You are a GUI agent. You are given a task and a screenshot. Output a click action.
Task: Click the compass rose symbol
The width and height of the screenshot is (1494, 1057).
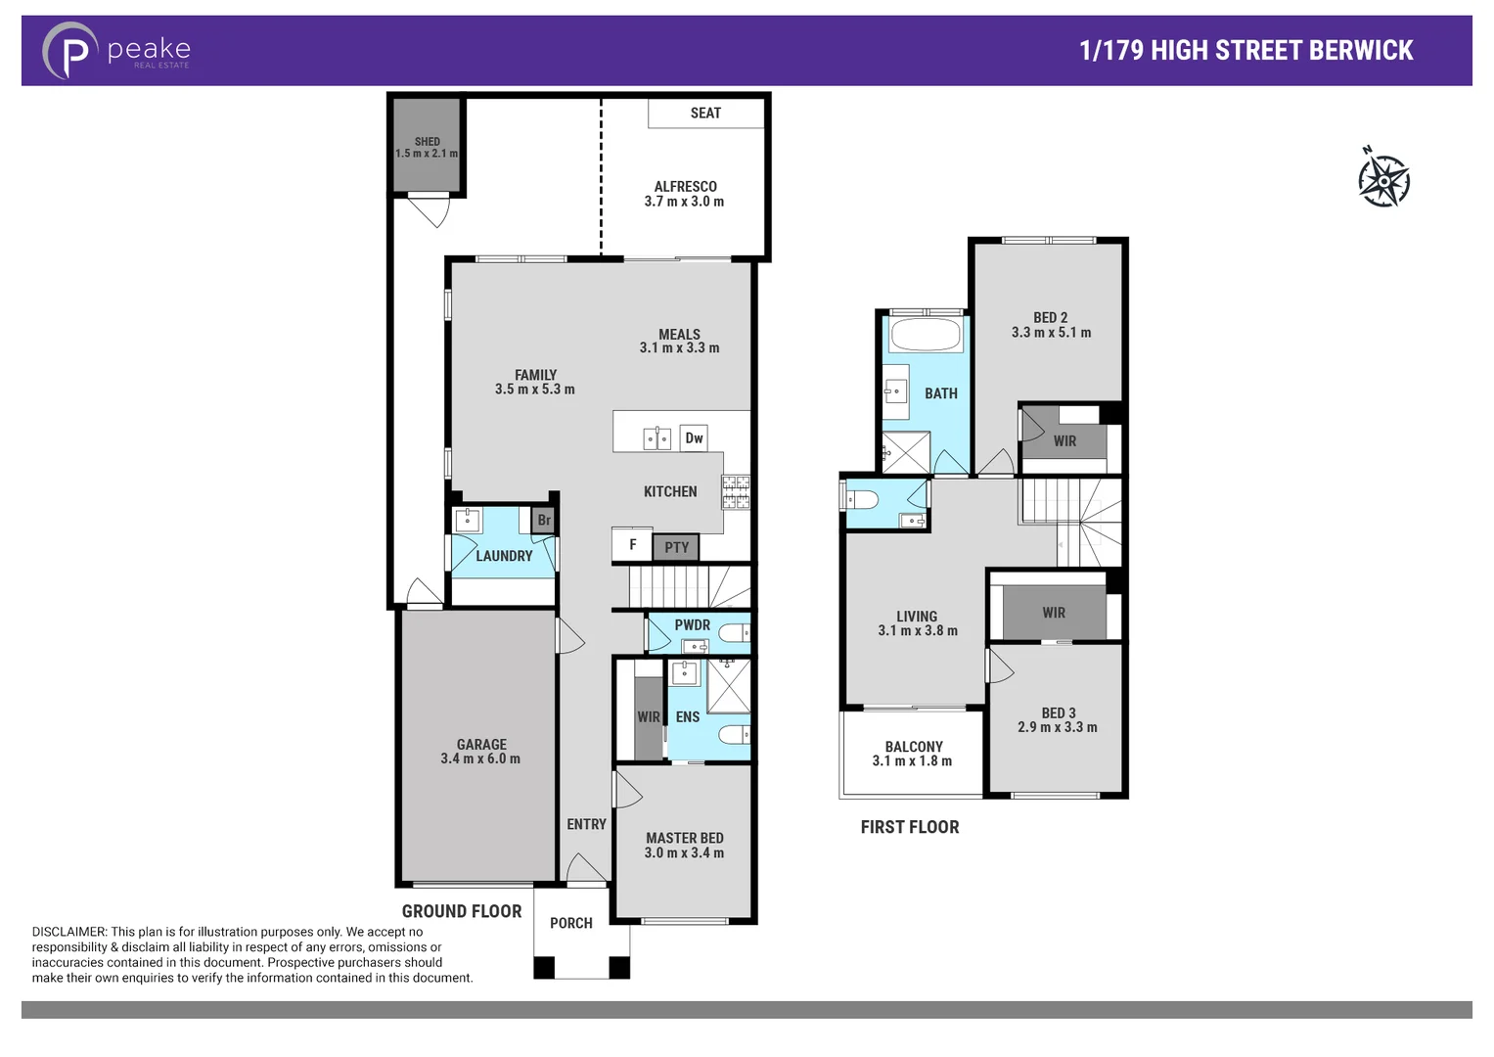click(1383, 180)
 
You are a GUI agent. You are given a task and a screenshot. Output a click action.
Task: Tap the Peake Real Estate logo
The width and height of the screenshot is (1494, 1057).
click(116, 51)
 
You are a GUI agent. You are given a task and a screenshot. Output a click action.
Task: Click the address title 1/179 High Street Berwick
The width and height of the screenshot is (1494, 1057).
click(1245, 51)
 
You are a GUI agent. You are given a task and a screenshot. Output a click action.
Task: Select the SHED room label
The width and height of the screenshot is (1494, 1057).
click(427, 142)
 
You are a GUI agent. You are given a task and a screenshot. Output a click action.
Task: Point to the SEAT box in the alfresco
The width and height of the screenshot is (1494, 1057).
click(705, 114)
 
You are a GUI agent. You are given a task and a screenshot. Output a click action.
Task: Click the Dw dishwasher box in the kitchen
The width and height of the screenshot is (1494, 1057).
click(694, 438)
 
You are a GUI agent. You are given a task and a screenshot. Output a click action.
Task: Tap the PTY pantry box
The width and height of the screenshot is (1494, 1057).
click(676, 547)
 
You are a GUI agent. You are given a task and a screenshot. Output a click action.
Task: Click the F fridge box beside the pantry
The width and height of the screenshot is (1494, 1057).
click(632, 545)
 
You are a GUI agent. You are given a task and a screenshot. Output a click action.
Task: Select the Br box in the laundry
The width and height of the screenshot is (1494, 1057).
click(544, 521)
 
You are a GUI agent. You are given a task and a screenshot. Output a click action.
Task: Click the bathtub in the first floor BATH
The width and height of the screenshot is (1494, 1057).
click(927, 335)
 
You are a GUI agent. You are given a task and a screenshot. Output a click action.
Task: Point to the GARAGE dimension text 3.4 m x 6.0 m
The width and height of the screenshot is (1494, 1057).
click(480, 758)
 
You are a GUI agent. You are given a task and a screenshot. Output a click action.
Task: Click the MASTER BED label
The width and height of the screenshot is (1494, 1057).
click(685, 838)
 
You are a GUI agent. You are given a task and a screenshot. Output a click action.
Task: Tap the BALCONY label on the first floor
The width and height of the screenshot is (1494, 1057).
click(914, 747)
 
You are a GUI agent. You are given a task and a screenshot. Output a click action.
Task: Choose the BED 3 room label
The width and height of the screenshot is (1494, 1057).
click(1059, 713)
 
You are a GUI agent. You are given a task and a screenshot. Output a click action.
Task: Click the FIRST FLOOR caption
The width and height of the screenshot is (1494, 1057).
click(910, 827)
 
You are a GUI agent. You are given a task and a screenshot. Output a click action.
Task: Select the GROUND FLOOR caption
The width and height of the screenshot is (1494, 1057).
click(462, 911)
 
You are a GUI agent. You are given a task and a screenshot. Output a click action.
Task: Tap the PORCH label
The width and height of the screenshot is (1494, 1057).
click(571, 923)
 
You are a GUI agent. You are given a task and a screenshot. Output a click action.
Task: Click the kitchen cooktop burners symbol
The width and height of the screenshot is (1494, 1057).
click(736, 492)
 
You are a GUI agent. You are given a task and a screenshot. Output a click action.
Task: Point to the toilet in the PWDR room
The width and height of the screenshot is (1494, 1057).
click(733, 634)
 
